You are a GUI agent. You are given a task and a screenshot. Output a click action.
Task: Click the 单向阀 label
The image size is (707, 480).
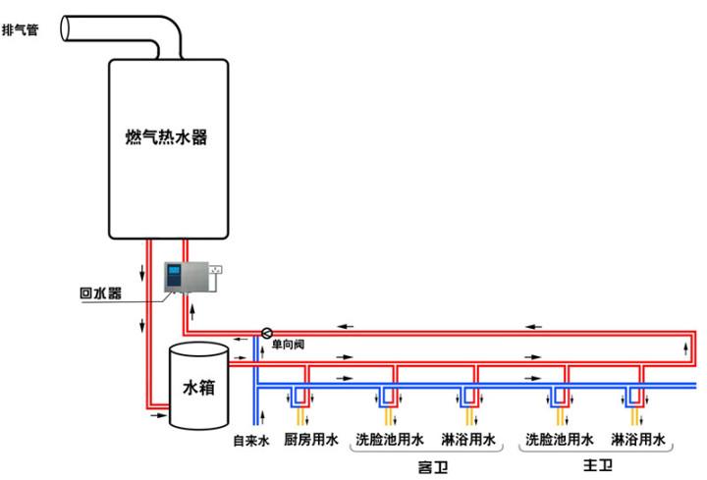[x=289, y=347]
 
